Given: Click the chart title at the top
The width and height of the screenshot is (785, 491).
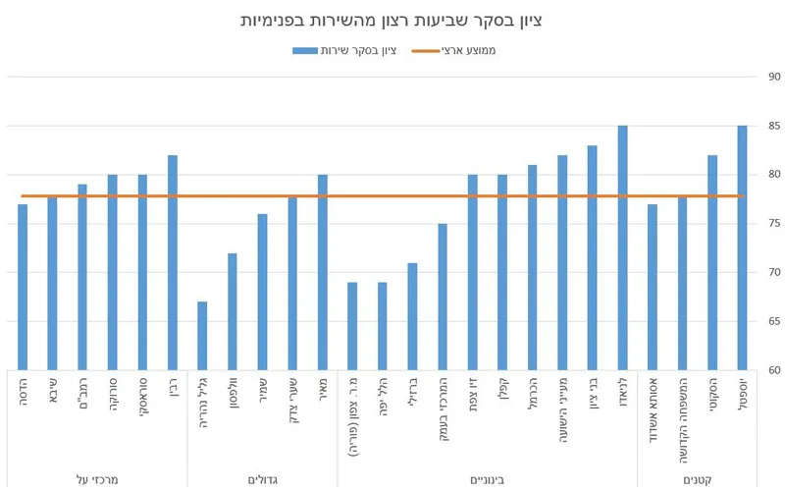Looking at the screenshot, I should click(392, 20).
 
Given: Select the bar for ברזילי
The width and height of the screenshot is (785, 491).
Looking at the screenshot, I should click(412, 316).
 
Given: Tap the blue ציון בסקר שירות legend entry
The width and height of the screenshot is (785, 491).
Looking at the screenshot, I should click(343, 49).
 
